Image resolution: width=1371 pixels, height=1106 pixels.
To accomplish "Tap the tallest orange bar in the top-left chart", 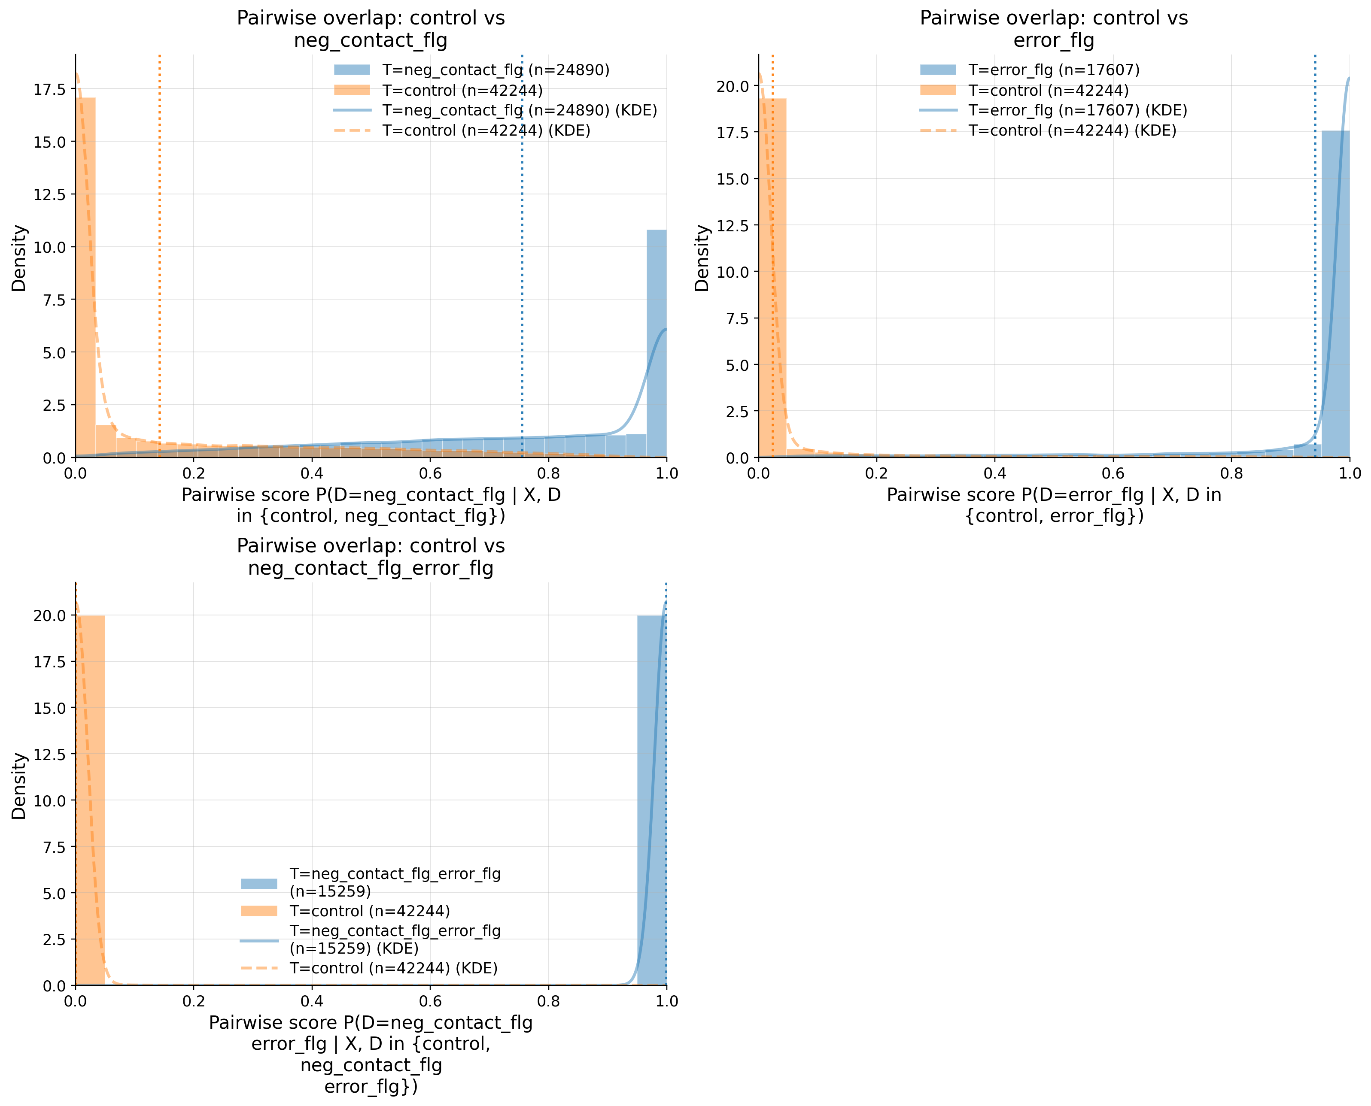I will [85, 277].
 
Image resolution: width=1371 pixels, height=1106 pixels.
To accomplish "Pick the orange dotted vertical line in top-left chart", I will [159, 255].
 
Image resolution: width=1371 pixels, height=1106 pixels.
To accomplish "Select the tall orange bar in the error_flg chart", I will [772, 277].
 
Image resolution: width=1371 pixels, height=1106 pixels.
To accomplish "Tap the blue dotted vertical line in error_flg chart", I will [1314, 255].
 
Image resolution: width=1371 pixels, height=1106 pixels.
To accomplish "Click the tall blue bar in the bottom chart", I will [651, 800].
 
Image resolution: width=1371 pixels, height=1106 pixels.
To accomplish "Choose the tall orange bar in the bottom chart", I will [90, 800].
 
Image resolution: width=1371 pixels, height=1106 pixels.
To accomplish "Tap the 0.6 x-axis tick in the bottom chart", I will [430, 1001].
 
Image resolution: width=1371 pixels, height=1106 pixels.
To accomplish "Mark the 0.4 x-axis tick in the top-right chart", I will [994, 473].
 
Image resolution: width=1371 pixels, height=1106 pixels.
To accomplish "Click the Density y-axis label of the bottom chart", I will [19, 785].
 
